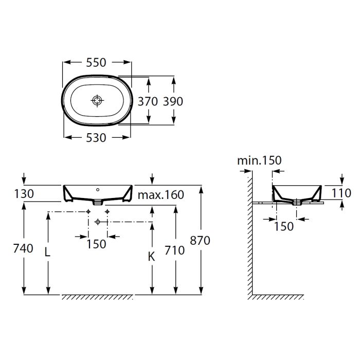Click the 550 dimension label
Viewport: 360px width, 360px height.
96,62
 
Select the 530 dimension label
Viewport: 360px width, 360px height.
96,138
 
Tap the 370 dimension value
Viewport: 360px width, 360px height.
148,101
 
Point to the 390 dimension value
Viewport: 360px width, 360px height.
173,101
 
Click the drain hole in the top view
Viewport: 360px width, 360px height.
97,101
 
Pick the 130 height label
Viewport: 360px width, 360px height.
24,194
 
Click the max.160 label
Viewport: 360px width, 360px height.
160,195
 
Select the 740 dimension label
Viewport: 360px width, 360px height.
23,248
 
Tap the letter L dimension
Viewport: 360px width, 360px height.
47,253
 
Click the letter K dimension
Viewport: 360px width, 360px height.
151,257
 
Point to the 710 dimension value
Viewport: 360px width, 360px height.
174,250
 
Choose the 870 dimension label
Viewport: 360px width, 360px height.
200,241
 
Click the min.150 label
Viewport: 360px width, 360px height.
259,160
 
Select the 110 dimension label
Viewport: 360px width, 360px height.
341,193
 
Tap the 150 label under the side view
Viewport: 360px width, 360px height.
284,226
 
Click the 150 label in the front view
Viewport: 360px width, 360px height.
96,244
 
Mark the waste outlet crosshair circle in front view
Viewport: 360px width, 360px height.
98,222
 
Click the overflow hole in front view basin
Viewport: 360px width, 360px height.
98,190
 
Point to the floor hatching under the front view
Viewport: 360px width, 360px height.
98,297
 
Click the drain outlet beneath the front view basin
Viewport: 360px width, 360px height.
98,202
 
